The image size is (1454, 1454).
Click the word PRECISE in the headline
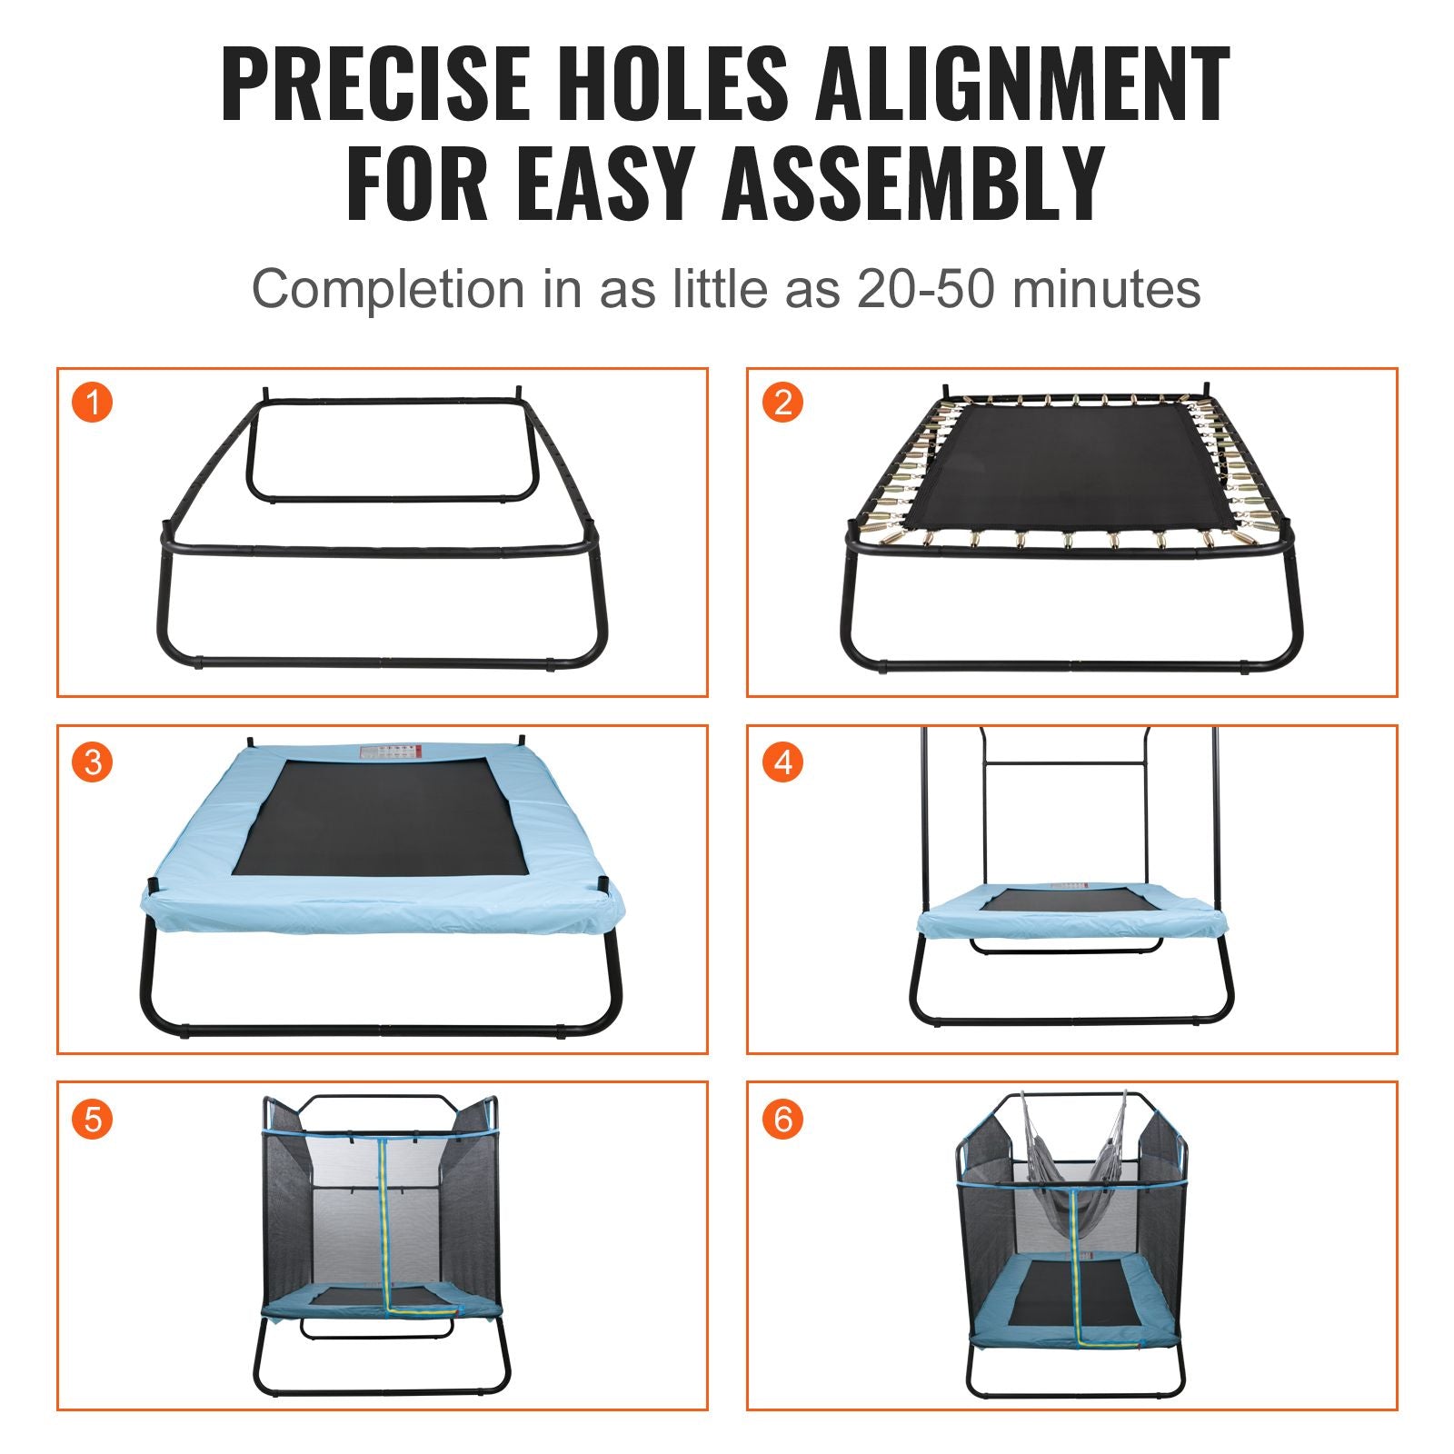[375, 84]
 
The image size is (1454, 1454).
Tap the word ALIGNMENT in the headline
[1022, 84]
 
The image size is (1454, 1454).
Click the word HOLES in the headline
[672, 84]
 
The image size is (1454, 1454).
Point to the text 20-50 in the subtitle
[926, 289]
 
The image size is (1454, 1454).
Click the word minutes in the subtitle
[1106, 289]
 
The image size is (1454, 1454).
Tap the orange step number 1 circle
[92, 402]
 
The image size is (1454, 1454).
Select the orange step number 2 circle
[782, 402]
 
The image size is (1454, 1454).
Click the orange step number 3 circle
[92, 762]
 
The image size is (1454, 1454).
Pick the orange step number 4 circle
[782, 762]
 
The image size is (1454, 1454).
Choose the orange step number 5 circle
[92, 1119]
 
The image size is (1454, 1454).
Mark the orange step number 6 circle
[782, 1119]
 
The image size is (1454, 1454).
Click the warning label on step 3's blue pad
[392, 752]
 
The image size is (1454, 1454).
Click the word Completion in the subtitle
[388, 289]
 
